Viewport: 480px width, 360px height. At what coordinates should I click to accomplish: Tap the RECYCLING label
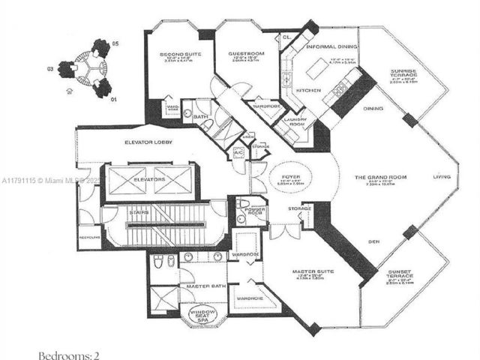(x=88, y=237)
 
